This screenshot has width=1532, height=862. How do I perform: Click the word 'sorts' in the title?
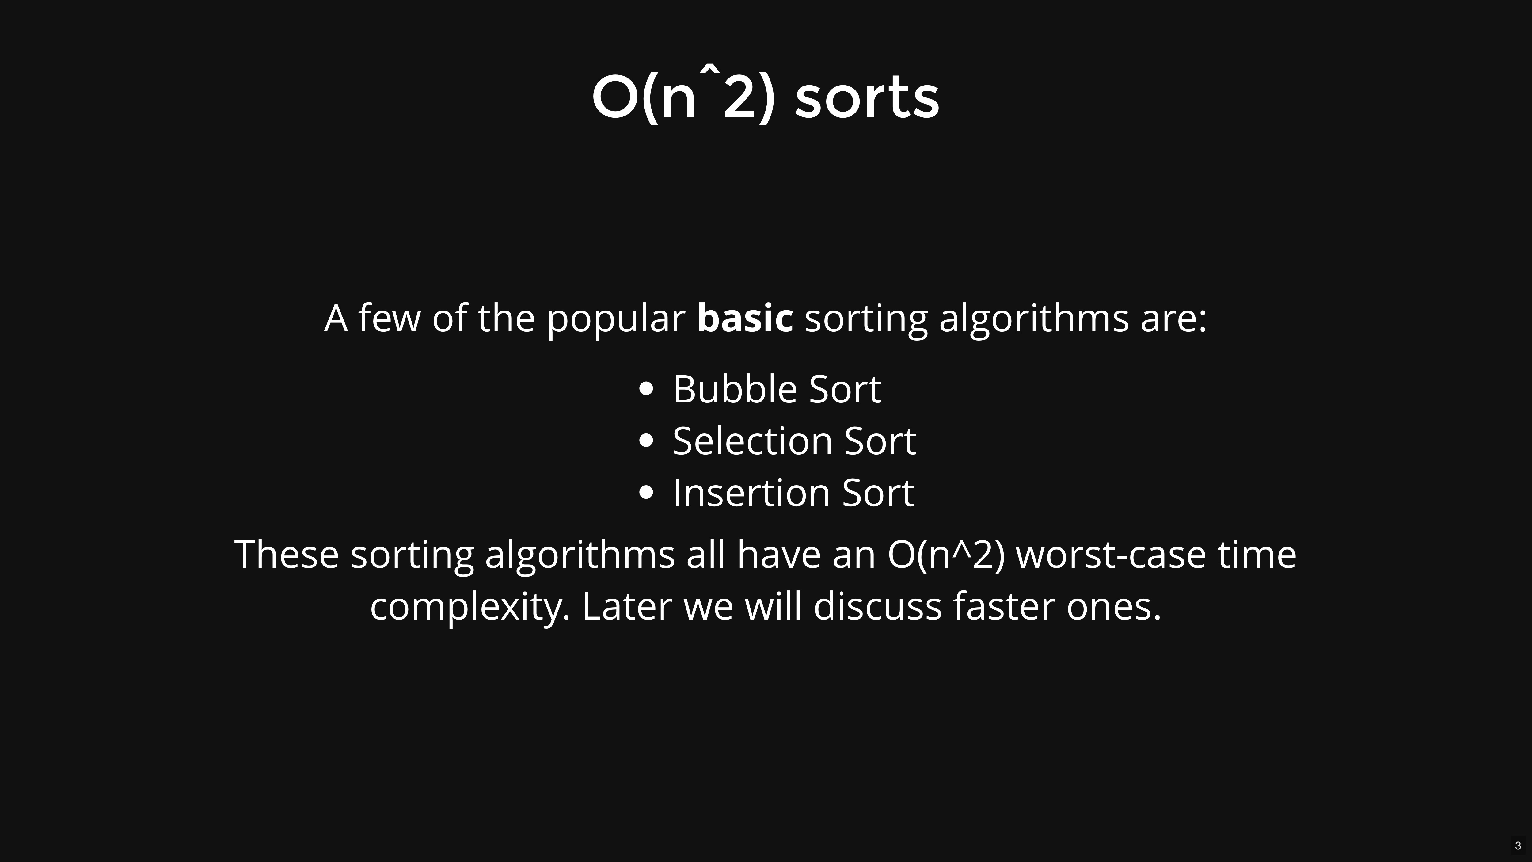click(x=866, y=98)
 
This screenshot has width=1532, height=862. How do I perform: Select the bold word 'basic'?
click(x=745, y=318)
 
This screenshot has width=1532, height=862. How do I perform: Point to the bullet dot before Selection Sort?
click(x=646, y=441)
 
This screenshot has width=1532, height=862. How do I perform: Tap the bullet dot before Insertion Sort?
click(x=646, y=493)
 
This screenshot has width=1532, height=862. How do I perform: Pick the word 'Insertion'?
click(x=751, y=493)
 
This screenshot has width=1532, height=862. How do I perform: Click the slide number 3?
click(x=1518, y=845)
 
